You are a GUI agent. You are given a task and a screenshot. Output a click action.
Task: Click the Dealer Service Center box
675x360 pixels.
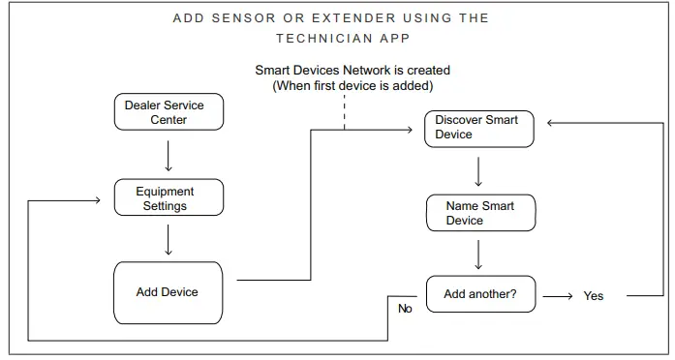(x=169, y=112)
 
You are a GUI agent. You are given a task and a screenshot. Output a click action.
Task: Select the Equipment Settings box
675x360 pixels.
(x=168, y=198)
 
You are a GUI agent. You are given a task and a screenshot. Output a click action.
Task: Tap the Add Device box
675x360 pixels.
(x=168, y=292)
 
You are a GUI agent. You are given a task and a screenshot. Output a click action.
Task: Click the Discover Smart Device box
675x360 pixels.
(x=478, y=128)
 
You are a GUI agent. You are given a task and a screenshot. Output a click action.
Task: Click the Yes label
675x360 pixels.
(x=593, y=296)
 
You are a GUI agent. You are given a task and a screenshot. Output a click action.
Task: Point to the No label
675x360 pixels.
(x=405, y=309)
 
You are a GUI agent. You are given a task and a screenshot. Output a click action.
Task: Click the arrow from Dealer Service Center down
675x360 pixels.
(x=169, y=155)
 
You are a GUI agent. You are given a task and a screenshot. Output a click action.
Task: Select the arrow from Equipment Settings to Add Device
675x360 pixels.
(x=169, y=239)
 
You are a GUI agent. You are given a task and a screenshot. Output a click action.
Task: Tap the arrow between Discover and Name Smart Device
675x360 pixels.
(x=478, y=170)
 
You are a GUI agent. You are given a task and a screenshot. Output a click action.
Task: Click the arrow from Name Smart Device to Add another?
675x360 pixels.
(x=478, y=254)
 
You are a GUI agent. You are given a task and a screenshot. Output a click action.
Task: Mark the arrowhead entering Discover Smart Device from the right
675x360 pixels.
(x=552, y=123)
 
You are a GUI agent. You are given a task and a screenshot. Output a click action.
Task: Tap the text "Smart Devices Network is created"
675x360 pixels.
(x=353, y=71)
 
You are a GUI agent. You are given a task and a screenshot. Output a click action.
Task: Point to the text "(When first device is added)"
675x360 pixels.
(x=353, y=85)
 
